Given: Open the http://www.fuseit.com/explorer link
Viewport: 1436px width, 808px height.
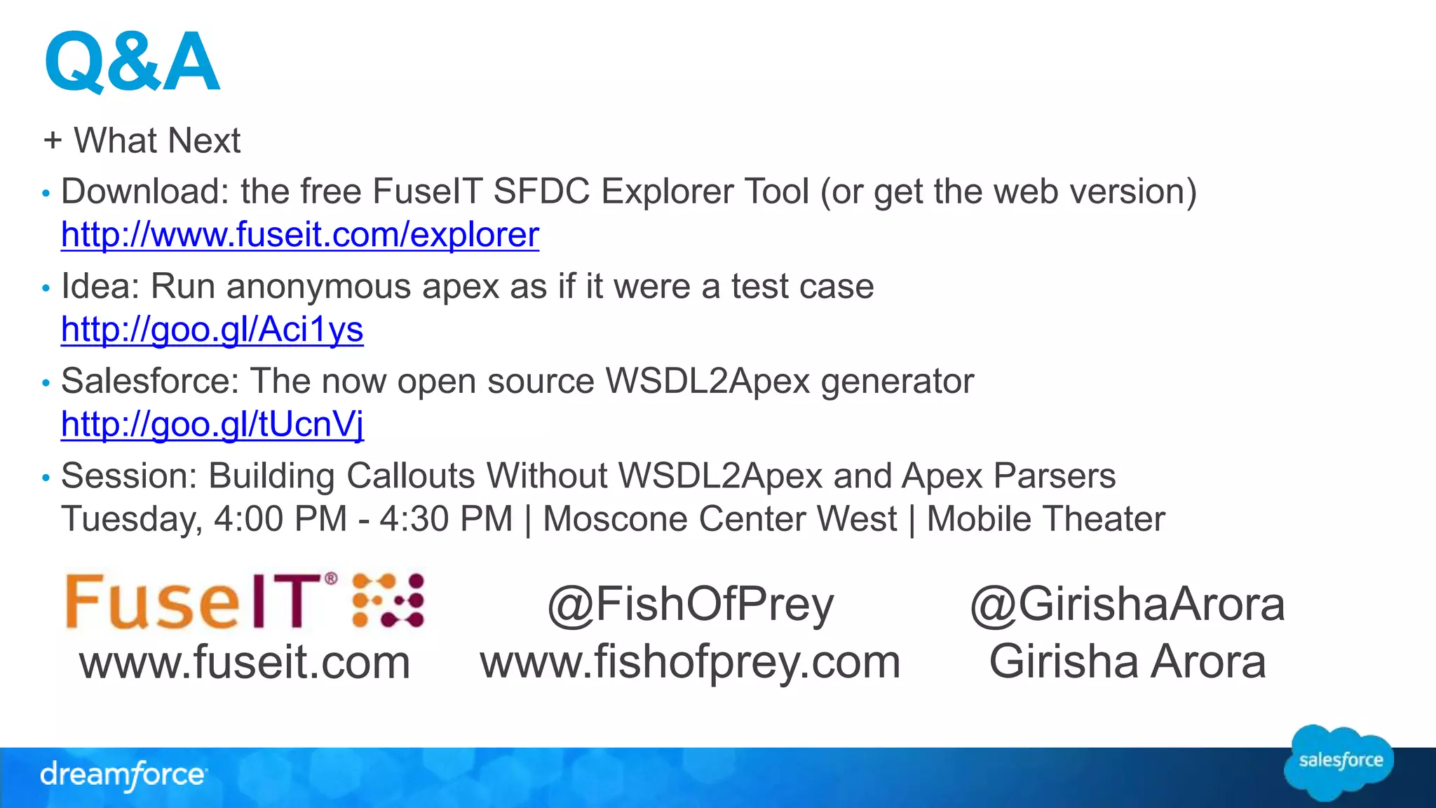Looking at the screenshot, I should (x=300, y=234).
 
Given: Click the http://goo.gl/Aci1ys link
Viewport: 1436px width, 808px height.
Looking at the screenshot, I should (x=212, y=329).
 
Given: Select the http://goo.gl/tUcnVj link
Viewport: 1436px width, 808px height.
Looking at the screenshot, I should (x=212, y=424).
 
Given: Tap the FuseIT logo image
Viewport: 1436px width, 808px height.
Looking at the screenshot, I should (x=244, y=600).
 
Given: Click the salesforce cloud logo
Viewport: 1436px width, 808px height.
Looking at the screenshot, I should (x=1340, y=762).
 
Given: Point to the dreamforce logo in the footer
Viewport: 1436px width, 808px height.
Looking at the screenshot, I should (x=123, y=775).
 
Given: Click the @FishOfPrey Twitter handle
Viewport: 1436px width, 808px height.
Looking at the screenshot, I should (x=691, y=605).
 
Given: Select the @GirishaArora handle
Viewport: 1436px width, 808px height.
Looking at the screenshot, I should (x=1127, y=605).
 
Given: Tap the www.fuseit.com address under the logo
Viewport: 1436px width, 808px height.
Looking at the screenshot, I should (x=245, y=662).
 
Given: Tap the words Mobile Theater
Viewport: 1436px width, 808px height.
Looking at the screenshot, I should (x=1045, y=519).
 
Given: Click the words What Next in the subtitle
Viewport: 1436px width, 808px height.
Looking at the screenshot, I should (x=157, y=140).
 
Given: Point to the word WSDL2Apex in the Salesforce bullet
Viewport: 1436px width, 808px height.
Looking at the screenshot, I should (x=707, y=381).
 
